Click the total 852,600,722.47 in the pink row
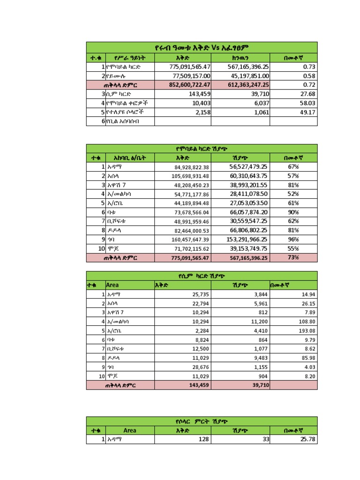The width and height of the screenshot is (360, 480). pos(183,85)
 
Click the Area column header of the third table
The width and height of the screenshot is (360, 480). pos(112,285)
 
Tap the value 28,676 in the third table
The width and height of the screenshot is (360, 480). pos(199,367)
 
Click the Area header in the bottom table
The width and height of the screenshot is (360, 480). pos(130,430)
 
